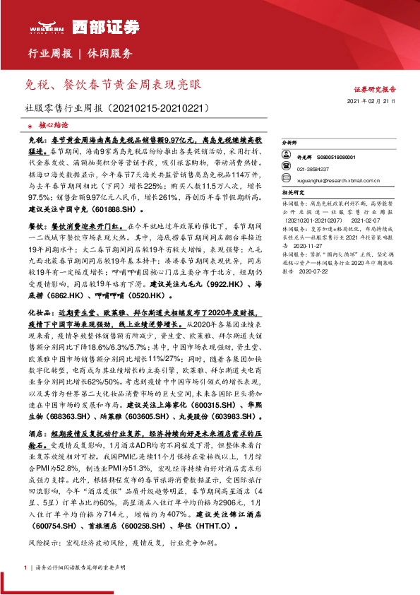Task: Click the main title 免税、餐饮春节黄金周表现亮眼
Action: coord(112,85)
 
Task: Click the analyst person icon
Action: coord(288,158)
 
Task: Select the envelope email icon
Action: coord(288,179)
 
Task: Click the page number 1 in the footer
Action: coord(25,567)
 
